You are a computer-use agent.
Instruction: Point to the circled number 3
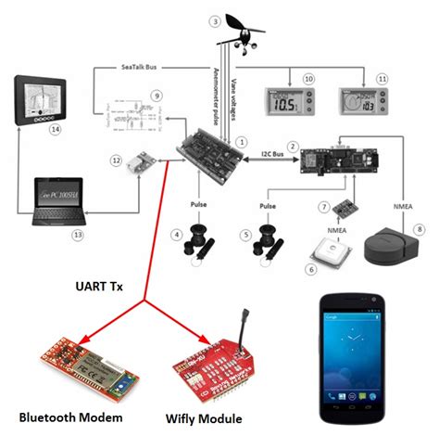(215, 20)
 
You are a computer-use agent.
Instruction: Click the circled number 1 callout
(242, 142)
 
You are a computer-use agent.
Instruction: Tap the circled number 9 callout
(157, 96)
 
